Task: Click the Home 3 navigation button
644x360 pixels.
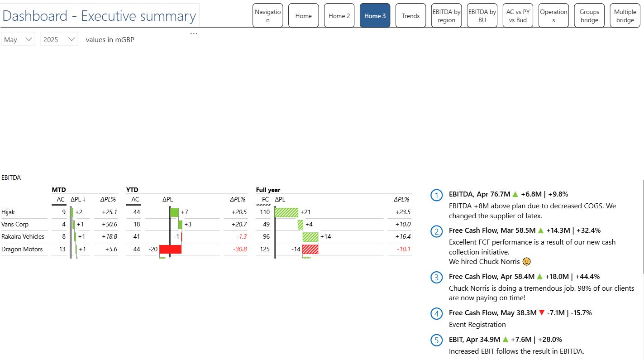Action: pos(375,16)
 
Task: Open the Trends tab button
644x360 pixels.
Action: pos(410,16)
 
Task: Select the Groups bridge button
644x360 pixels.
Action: pos(589,16)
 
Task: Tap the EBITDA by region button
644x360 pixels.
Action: pos(446,16)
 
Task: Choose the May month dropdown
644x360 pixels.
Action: pos(18,39)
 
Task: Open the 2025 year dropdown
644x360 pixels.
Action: pos(59,39)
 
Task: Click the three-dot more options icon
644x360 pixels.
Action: pos(194,34)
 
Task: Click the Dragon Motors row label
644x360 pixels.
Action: pos(22,249)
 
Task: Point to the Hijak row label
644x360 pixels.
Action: pos(8,212)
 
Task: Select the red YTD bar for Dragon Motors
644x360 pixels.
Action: pos(170,249)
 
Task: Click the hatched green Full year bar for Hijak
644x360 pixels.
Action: pos(286,212)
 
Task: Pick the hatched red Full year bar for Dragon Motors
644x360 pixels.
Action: pos(310,249)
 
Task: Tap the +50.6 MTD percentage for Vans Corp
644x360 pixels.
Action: pos(109,224)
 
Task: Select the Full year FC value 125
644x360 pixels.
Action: pos(265,249)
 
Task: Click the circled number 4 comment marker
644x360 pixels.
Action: pos(436,313)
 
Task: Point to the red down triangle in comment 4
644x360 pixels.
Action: pos(541,312)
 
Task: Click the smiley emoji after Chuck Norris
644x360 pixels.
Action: pos(526,261)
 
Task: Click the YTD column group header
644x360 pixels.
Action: pos(132,190)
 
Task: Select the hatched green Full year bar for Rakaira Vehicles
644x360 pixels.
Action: pos(310,236)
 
